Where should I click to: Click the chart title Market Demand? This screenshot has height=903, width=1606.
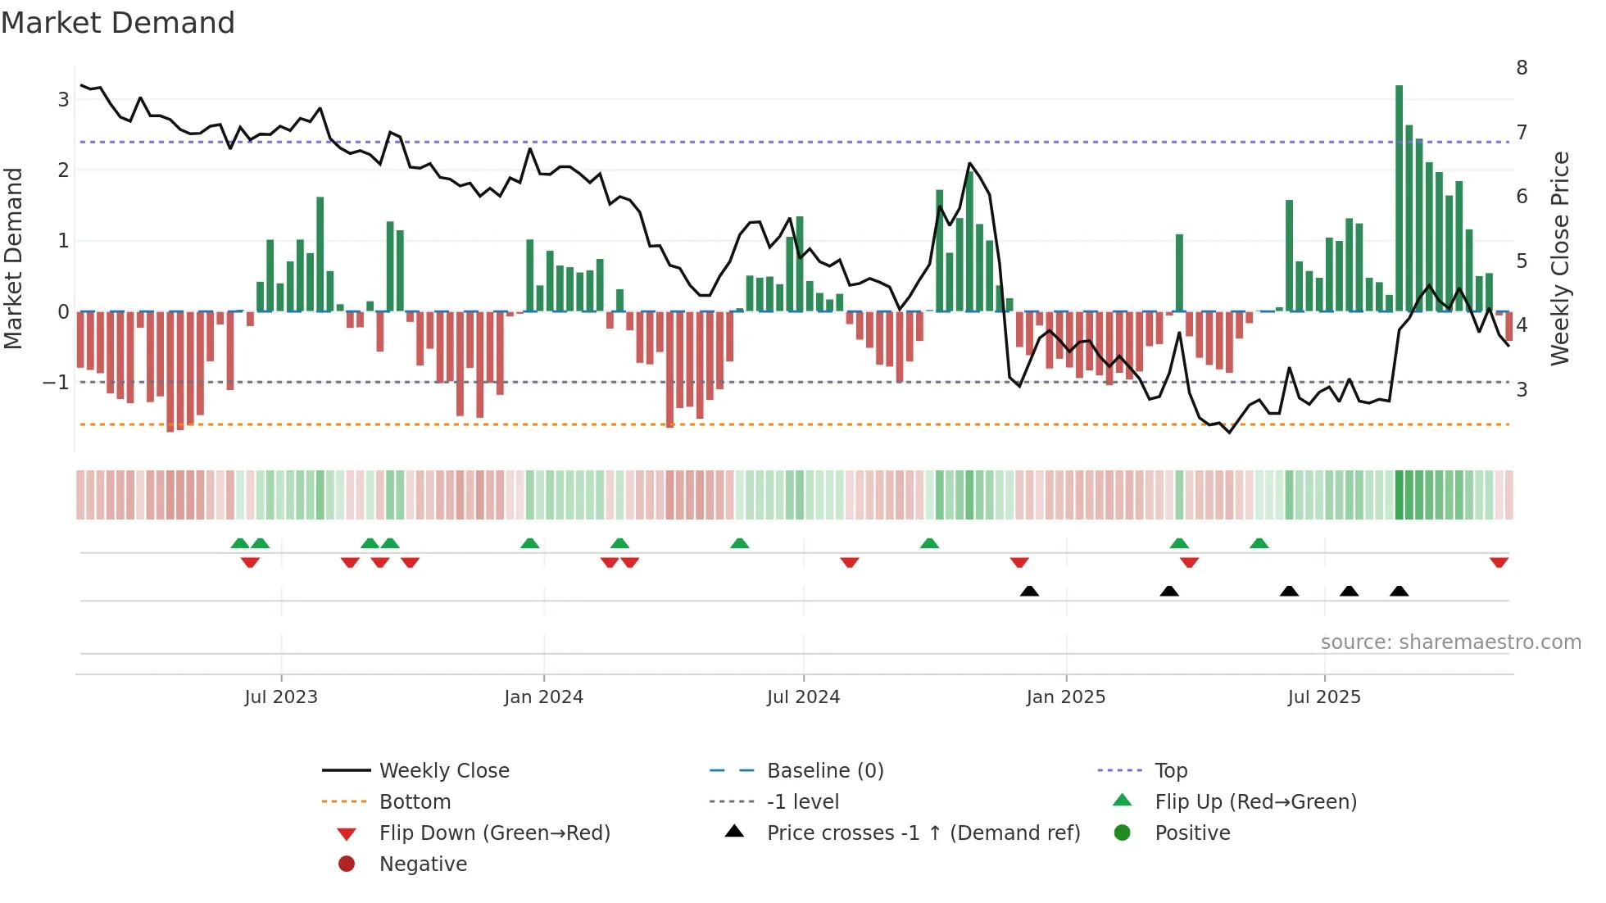(118, 23)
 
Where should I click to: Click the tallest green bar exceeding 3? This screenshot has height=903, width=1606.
(1399, 197)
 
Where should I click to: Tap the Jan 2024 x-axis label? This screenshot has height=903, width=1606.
(543, 697)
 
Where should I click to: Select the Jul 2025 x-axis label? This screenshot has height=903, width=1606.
(1323, 697)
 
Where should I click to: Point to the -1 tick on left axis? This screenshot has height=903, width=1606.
(56, 383)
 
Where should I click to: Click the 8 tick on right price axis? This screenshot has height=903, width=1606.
(1522, 68)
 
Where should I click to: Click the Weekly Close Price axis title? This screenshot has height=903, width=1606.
(1560, 258)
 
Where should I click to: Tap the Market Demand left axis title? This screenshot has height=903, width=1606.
(14, 258)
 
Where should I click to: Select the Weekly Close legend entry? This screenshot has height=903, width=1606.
(443, 771)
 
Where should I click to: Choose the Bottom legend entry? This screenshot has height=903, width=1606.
(415, 802)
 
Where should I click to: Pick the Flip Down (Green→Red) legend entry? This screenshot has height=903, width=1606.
(494, 833)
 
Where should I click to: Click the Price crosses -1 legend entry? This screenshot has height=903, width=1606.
(923, 833)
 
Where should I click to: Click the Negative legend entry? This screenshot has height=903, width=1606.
(423, 864)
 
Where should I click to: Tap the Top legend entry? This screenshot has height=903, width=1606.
(1170, 771)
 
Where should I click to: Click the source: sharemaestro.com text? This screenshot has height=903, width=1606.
(1450, 642)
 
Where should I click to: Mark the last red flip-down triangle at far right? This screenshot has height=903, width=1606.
(1499, 563)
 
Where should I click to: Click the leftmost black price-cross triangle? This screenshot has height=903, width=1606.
(1029, 591)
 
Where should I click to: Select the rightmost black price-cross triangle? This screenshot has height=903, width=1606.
(1399, 591)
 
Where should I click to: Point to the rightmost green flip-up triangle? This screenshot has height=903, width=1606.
(1259, 543)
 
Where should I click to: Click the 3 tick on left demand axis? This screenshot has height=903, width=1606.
(63, 100)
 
